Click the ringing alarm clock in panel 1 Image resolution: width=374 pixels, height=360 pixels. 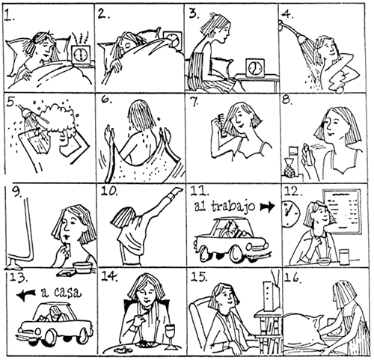(82, 54)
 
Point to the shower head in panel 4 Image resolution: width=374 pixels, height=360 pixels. (286, 28)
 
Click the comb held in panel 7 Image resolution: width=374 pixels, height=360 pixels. (218, 120)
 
